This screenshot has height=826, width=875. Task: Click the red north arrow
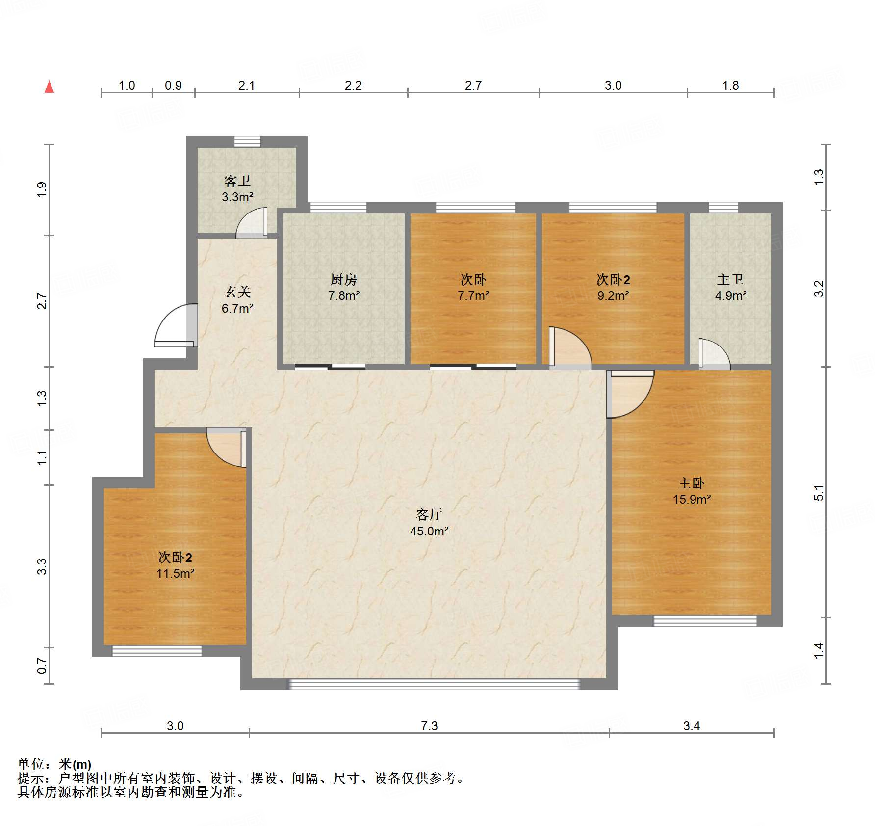(49, 87)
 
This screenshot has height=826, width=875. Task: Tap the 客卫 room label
(237, 181)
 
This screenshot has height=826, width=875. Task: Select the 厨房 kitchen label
(343, 280)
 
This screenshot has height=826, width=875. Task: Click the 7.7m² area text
(473, 296)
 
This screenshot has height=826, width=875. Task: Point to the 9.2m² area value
(613, 296)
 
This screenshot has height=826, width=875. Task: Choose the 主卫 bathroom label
(730, 280)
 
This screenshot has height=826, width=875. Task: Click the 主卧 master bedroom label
(692, 483)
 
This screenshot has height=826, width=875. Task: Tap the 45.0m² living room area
(429, 531)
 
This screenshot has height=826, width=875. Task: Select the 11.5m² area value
(176, 573)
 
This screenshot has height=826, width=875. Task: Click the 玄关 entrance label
(237, 292)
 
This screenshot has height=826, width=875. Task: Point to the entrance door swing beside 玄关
(176, 325)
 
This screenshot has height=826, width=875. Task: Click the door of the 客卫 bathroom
(252, 223)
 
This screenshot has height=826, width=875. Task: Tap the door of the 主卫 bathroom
(715, 353)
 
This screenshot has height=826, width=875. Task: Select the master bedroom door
(630, 394)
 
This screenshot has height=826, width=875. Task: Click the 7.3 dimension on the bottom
(429, 726)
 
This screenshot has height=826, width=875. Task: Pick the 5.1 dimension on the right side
(819, 492)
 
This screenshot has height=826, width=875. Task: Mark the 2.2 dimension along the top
(353, 85)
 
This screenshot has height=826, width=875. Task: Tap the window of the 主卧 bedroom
(705, 621)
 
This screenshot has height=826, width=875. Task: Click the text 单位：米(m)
(54, 764)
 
